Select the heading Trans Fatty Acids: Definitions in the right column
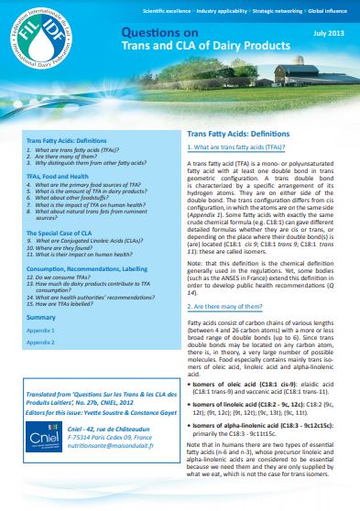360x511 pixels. coord(236,132)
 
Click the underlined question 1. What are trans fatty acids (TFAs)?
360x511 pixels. coord(235,147)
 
